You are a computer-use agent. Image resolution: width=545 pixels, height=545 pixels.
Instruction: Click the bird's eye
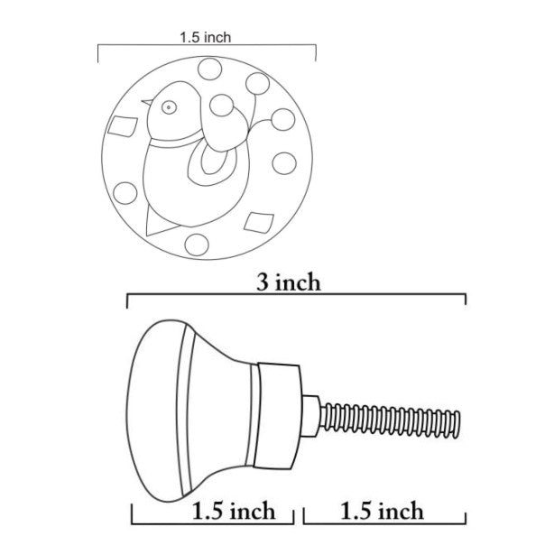(169, 107)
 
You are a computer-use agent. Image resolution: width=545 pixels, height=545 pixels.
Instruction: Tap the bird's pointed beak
(147, 102)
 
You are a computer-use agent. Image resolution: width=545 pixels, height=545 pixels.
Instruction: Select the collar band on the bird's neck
(175, 140)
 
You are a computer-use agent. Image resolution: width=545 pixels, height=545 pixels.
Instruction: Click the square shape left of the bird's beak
(123, 125)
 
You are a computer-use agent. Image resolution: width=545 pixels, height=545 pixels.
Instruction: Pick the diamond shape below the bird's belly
(259, 223)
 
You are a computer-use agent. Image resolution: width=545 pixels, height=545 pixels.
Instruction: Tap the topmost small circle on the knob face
(209, 69)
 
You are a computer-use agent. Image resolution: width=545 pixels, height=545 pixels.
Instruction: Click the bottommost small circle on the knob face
(197, 245)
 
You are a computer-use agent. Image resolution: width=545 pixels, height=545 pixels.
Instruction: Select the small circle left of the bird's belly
(125, 193)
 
